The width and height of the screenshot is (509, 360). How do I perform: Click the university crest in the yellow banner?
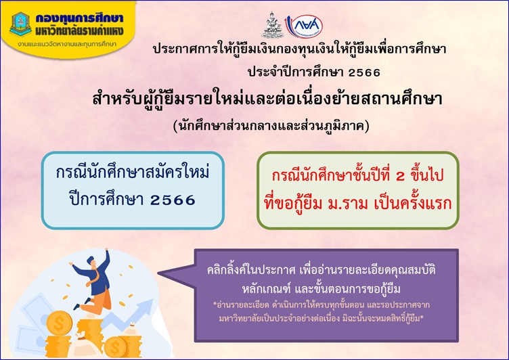(x=21, y=24)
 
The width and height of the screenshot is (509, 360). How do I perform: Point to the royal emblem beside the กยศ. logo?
(x=273, y=26)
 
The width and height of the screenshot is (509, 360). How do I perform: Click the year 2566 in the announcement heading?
(x=364, y=72)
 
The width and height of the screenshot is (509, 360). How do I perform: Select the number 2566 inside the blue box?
(x=173, y=200)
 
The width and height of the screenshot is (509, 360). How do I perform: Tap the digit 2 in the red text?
(x=401, y=176)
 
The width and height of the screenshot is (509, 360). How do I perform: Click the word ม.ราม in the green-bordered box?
(x=348, y=204)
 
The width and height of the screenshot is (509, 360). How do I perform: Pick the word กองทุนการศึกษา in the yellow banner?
(x=80, y=18)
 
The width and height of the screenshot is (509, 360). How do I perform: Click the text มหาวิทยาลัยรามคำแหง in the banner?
(x=80, y=31)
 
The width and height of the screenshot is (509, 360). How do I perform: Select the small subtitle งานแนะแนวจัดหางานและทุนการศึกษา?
(x=67, y=45)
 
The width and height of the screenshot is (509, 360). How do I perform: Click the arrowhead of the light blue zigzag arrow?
(x=146, y=305)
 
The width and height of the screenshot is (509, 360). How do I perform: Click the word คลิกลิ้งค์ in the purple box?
(x=227, y=270)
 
